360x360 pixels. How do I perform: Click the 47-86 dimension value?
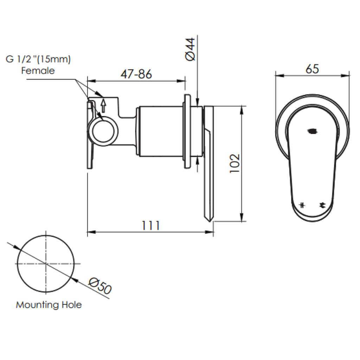tap(136, 74)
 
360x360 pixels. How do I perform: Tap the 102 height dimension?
tap(234, 163)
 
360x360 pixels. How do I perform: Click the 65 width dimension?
tap(312, 69)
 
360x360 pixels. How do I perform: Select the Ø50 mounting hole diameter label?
tap(100, 285)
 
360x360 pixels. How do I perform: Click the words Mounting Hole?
tap(49, 304)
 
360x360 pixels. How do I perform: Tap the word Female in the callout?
tap(38, 70)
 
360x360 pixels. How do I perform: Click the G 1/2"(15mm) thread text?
tap(38, 59)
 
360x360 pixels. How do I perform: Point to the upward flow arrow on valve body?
tap(103, 105)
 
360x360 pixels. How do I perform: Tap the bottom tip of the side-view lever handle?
tap(210, 220)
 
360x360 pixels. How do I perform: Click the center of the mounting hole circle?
tap(46, 264)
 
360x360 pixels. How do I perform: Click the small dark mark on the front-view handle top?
tap(312, 131)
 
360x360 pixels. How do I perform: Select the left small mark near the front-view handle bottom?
tap(302, 205)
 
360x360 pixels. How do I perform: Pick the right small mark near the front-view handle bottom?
tap(321, 205)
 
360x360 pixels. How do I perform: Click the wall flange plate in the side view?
tap(187, 131)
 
